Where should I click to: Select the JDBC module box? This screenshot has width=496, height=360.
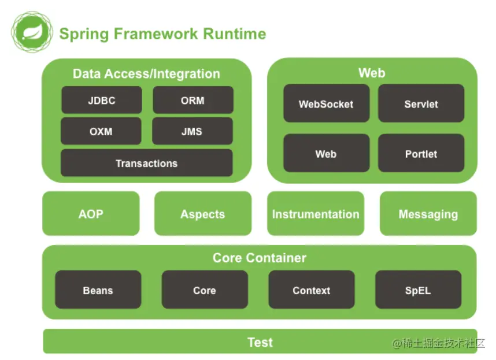(x=101, y=100)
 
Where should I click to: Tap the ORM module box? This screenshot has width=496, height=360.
(x=193, y=100)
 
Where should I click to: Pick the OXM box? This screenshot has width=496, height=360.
(x=101, y=131)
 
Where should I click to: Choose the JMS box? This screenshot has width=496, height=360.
(x=192, y=131)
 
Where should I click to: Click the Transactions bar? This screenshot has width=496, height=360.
(x=146, y=163)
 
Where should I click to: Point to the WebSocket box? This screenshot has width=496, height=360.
(x=326, y=104)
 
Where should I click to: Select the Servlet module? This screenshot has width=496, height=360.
(x=421, y=104)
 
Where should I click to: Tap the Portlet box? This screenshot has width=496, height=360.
(x=421, y=154)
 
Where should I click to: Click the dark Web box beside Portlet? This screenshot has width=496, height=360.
(x=326, y=154)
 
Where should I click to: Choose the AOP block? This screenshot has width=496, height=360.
(x=91, y=214)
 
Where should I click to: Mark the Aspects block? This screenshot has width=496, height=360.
(x=203, y=214)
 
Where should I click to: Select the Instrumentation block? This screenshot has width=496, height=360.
(x=316, y=214)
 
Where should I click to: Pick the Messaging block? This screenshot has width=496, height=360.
(x=428, y=214)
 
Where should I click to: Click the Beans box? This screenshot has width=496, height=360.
(x=98, y=290)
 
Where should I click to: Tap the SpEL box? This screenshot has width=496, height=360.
(x=418, y=290)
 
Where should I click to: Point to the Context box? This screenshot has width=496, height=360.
(x=311, y=290)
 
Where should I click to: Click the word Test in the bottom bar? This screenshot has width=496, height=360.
(x=260, y=342)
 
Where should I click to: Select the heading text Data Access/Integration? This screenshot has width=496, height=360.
(x=146, y=74)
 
